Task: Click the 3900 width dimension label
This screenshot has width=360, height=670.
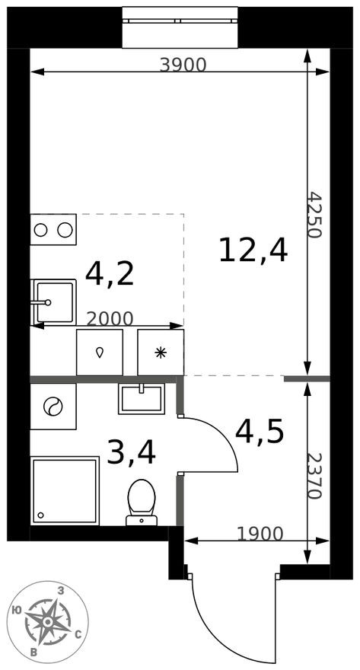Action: click(183, 65)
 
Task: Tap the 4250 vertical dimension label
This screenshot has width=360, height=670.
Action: click(316, 215)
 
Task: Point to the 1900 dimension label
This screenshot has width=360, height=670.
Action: click(260, 534)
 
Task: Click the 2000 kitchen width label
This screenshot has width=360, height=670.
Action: click(110, 318)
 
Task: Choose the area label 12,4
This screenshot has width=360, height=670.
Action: click(253, 250)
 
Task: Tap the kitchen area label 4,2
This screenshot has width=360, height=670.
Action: click(110, 273)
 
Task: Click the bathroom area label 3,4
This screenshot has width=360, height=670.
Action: click(131, 452)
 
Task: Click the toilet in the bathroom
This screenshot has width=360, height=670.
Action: click(141, 502)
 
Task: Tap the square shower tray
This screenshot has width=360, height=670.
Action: click(65, 490)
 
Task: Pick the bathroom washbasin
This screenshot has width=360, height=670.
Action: click(142, 398)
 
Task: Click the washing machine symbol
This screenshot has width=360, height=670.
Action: click(53, 406)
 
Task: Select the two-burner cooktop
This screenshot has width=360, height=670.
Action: click(53, 229)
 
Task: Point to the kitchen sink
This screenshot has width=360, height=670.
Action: click(53, 301)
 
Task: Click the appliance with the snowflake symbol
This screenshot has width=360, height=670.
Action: click(161, 352)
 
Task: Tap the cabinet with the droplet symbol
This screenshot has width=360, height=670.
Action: click(100, 352)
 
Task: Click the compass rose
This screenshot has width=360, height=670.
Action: click(47, 621)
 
